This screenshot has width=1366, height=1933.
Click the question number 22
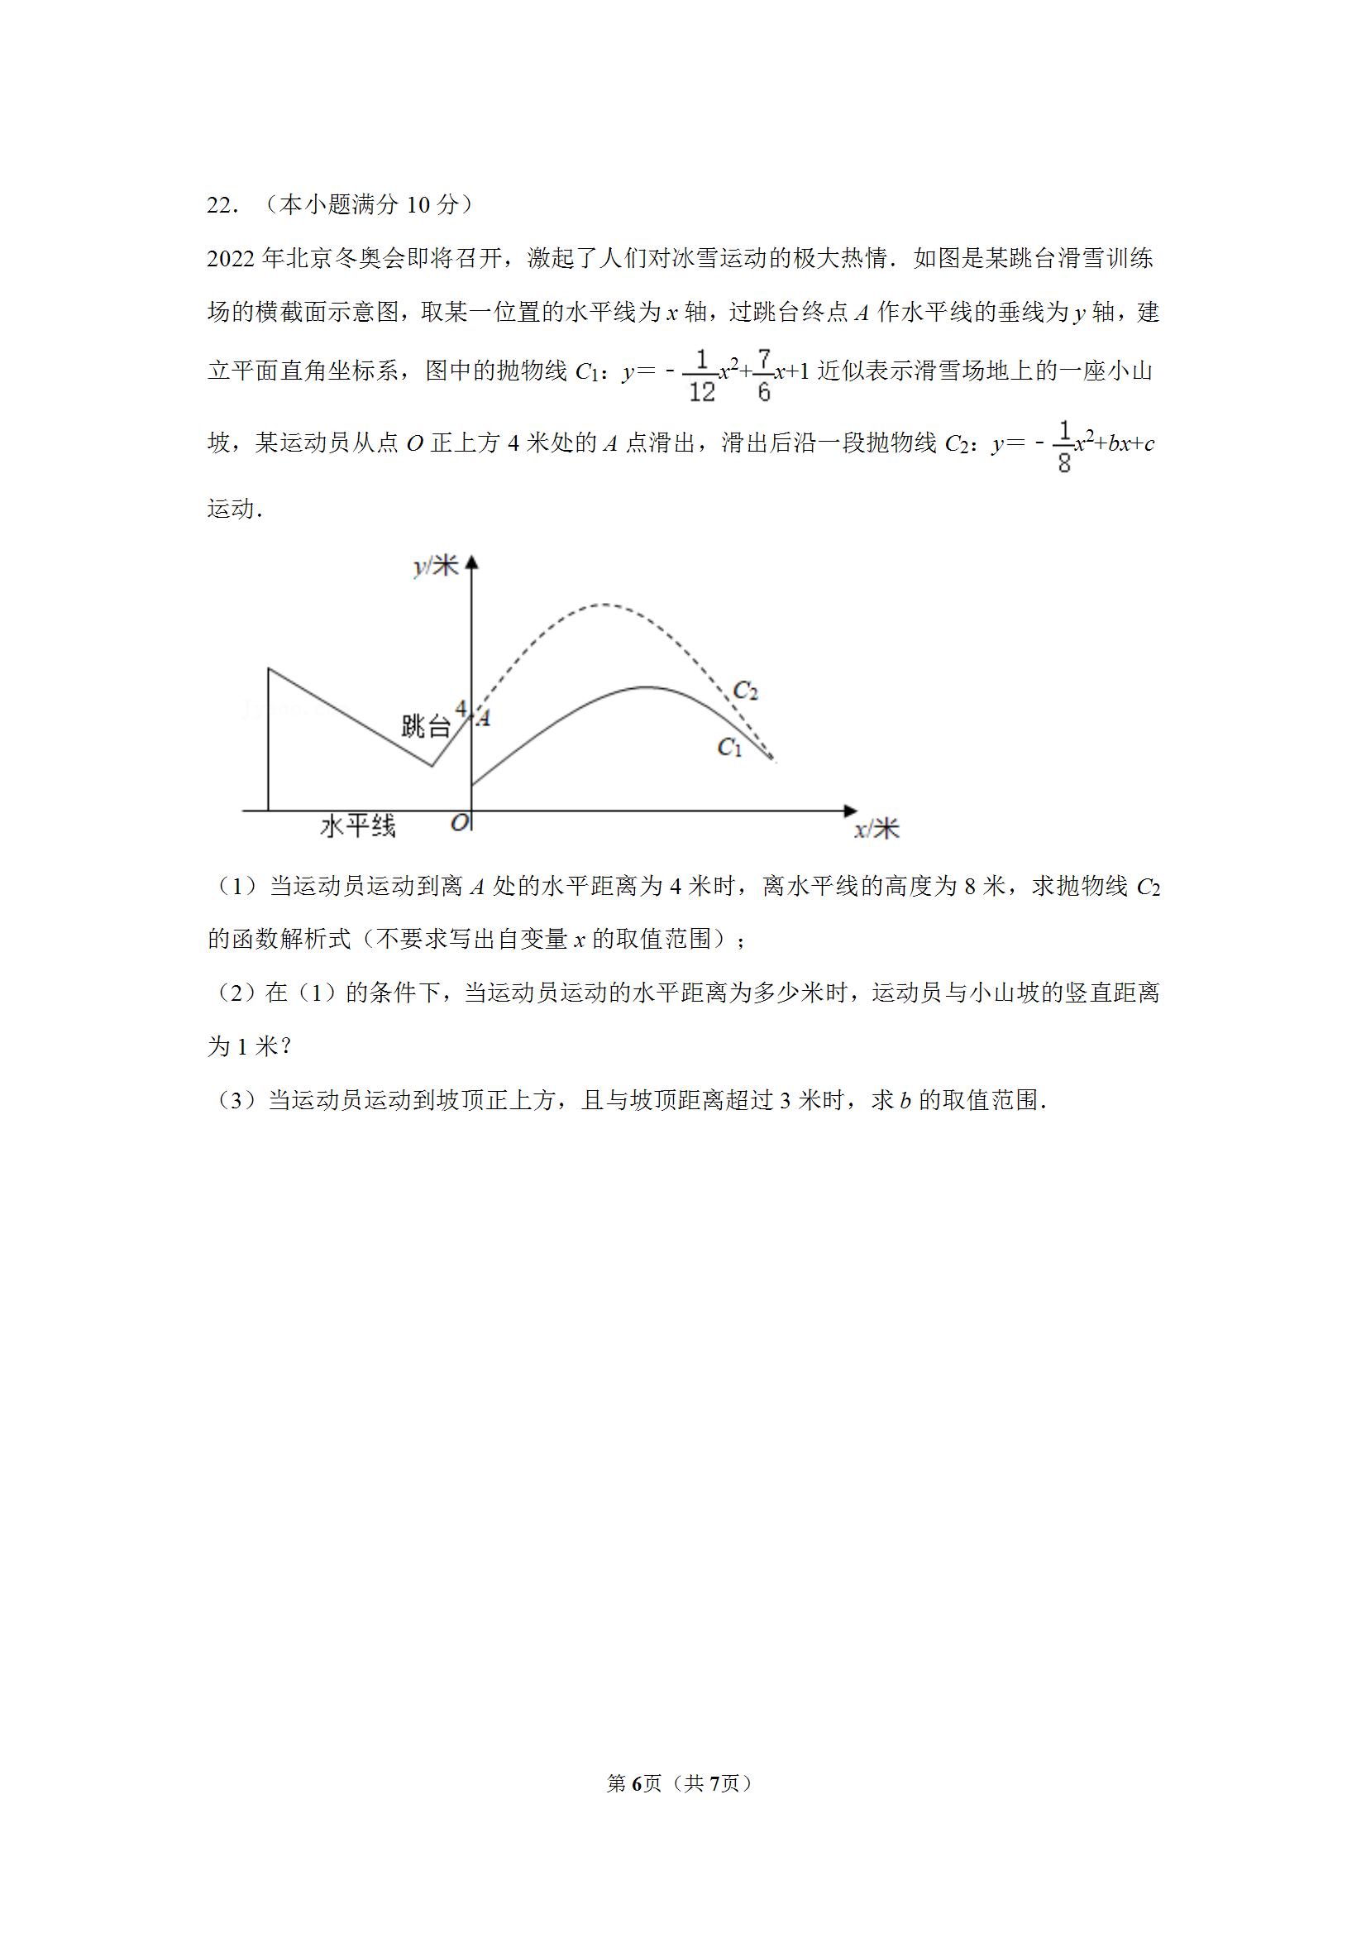tap(222, 204)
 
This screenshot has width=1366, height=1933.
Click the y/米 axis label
tap(436, 566)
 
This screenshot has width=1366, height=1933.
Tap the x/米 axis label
tap(876, 830)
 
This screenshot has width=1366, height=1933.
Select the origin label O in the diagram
tap(459, 822)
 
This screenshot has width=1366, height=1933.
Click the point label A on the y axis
tap(483, 718)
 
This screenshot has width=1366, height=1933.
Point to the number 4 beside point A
tap(461, 708)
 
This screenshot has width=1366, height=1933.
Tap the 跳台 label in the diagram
tap(425, 725)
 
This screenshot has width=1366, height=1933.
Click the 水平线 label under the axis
tap(358, 827)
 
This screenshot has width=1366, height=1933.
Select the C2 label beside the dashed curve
tap(746, 691)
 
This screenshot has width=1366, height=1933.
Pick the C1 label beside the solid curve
tap(728, 746)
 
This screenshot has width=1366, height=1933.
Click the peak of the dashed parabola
tap(601, 605)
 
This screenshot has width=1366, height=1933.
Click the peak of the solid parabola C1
tap(647, 687)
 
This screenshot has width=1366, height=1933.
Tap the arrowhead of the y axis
tap(472, 562)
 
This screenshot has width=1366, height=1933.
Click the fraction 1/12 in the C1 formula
tap(701, 376)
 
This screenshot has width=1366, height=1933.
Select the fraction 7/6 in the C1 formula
tap(763, 376)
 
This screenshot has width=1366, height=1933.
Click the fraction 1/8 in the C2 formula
tap(1064, 447)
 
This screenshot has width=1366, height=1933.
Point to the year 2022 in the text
tap(232, 258)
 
